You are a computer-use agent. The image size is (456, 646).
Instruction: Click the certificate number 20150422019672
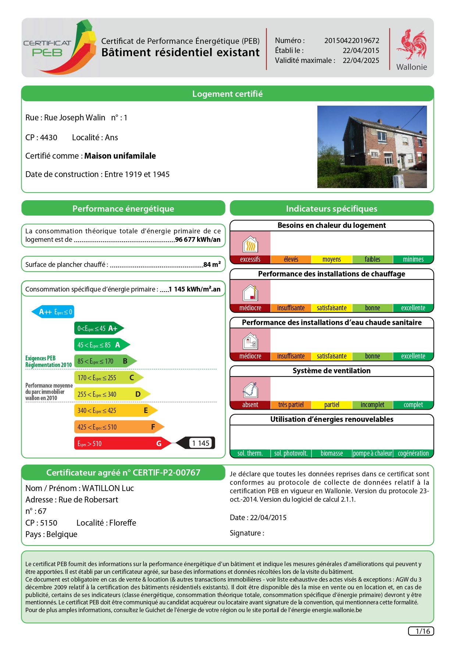[352, 40]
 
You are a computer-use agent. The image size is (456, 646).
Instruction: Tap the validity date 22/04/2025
[361, 60]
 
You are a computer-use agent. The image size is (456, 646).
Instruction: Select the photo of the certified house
[372, 147]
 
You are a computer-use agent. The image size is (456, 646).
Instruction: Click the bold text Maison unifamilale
[120, 156]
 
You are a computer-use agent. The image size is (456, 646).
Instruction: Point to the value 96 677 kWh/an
[198, 240]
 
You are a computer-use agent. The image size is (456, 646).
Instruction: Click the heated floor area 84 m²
[212, 264]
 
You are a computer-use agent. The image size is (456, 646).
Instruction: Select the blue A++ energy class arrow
[53, 312]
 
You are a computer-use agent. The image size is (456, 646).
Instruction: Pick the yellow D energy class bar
[111, 394]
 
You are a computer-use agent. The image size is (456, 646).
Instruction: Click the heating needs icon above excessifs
[250, 243]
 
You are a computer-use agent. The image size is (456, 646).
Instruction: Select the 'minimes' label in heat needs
[413, 260]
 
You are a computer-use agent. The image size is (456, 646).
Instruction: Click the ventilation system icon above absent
[250, 389]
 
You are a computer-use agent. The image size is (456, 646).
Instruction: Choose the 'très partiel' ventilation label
[291, 405]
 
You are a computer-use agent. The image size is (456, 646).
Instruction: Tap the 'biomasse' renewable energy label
[331, 453]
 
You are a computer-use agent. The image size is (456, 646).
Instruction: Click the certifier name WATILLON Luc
[108, 488]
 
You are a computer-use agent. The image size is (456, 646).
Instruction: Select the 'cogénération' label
[413, 453]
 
